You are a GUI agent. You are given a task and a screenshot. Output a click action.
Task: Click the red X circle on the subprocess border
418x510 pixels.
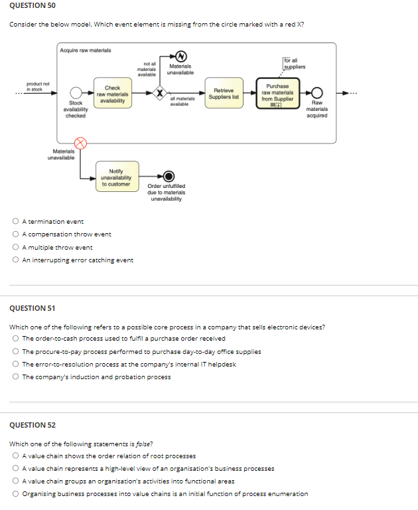(x=80, y=143)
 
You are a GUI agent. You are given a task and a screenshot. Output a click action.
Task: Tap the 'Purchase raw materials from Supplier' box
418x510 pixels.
(x=277, y=94)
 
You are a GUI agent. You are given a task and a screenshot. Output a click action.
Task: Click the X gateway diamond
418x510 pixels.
(x=160, y=94)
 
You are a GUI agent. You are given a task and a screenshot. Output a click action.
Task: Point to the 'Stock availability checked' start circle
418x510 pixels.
(x=77, y=94)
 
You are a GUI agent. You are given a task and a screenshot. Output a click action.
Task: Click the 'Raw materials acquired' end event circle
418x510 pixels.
(x=318, y=93)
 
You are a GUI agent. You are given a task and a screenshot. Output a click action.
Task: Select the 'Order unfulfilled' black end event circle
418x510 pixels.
(x=169, y=176)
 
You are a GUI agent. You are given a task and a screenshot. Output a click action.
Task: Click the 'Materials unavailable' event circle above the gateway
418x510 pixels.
(x=178, y=56)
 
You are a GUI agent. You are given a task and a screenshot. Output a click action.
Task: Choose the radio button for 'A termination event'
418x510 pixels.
(x=16, y=222)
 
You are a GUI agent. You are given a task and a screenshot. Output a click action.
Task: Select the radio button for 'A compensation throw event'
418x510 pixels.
(x=16, y=234)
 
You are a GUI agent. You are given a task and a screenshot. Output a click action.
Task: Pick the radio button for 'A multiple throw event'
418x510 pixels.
(x=16, y=247)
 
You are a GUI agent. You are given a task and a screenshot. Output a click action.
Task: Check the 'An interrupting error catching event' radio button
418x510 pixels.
(x=16, y=260)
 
